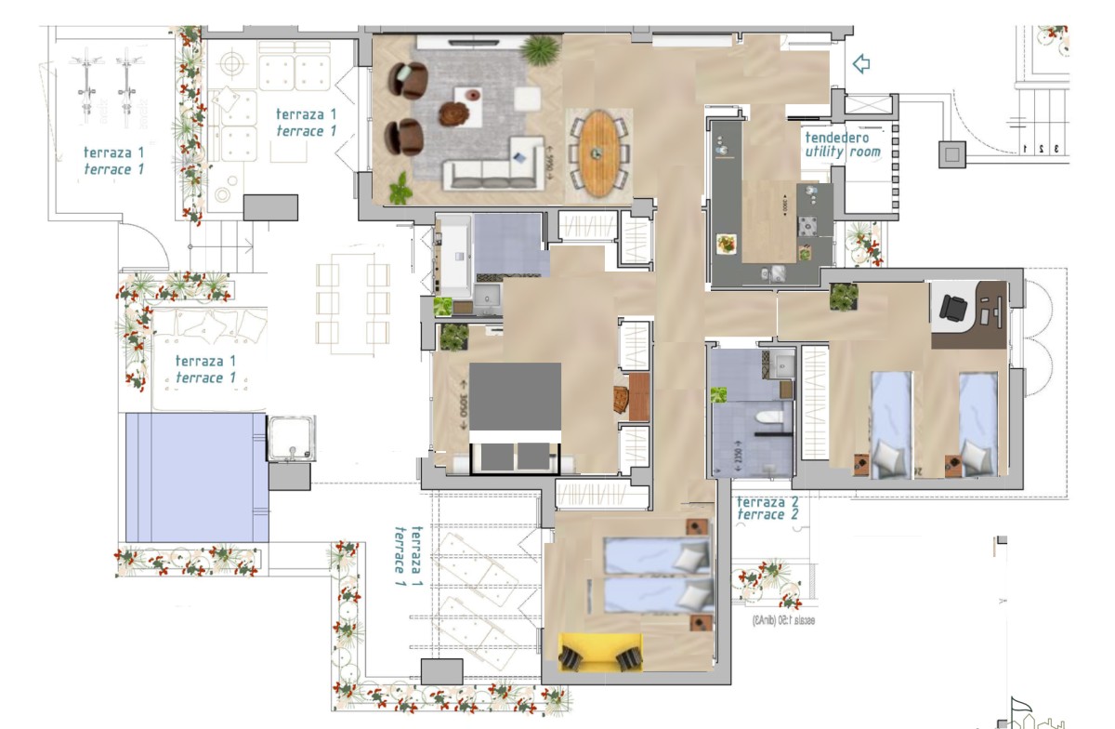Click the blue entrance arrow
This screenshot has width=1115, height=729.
tap(860, 63)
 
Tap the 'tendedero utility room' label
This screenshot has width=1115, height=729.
tap(842, 144)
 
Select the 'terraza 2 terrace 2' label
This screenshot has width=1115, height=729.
tap(767, 507)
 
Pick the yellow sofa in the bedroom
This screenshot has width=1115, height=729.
tap(601, 650)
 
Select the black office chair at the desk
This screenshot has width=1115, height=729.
tap(954, 307)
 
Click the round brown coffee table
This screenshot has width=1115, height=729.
tap(453, 114)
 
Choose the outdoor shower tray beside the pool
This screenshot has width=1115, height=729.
tap(291, 439)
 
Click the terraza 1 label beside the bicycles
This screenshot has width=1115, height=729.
tap(113, 161)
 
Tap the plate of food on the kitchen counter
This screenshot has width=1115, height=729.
tap(725, 244)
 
